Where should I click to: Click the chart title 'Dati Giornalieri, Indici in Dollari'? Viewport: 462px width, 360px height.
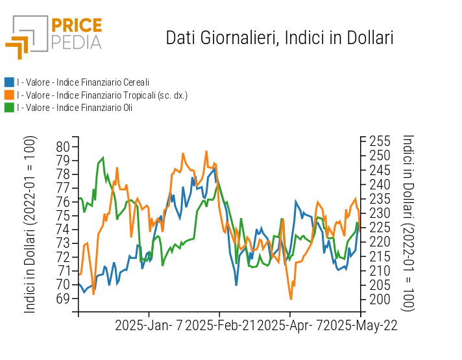[x=279, y=38]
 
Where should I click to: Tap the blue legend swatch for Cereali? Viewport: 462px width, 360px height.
[x=9, y=82]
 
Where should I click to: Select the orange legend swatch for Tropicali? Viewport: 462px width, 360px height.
[x=9, y=95]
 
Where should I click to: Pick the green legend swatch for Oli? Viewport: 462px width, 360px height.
[x=9, y=108]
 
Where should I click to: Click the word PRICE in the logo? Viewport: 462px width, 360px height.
[x=77, y=25]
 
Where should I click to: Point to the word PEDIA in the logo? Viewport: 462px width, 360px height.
[x=77, y=43]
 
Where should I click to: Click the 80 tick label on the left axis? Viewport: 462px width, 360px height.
[x=63, y=147]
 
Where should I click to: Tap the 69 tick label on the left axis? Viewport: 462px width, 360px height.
[x=63, y=298]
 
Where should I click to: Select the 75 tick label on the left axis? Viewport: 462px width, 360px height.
[x=63, y=215]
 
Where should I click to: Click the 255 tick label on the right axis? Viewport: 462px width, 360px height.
[x=380, y=141]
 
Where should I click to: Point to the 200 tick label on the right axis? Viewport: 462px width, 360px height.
[x=380, y=300]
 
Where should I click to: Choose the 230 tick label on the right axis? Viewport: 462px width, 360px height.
[x=380, y=213]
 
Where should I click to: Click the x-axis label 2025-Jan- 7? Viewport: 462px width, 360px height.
[x=149, y=326]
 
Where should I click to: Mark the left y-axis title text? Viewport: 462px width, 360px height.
[x=29, y=224]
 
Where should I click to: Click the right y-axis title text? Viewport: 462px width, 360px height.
[x=408, y=223]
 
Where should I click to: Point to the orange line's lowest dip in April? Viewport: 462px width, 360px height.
[x=291, y=299]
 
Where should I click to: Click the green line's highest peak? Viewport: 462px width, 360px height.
[x=103, y=158]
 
